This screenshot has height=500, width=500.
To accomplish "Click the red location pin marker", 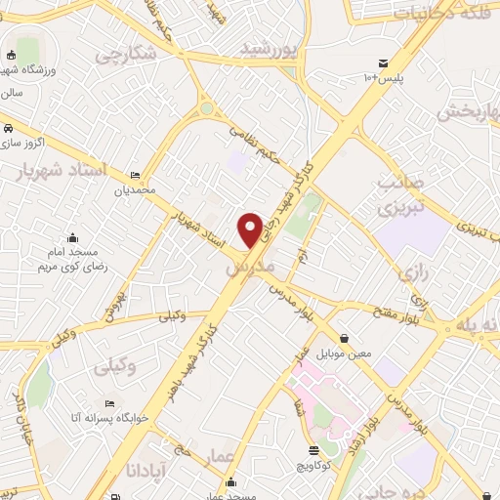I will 251,229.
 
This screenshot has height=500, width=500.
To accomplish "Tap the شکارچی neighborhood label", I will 125,55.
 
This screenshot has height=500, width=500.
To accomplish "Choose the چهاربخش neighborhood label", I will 467,110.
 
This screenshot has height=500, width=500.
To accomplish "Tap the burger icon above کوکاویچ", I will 313,451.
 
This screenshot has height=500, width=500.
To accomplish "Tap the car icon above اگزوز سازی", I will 8,128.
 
